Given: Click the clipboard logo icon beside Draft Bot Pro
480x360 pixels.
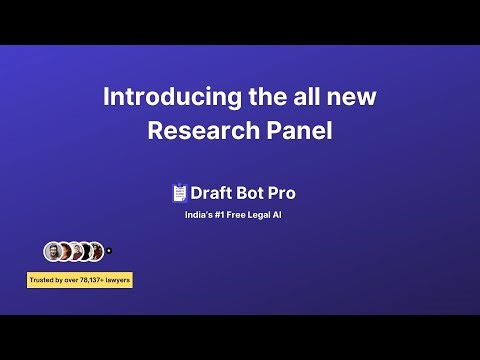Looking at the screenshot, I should coord(180,193).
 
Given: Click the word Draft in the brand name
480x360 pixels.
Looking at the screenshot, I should coord(212,193).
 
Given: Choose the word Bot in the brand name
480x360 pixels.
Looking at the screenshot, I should coord(254,193).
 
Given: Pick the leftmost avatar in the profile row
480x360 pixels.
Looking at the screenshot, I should coord(52,251).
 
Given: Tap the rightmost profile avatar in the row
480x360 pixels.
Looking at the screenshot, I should coord(96,251).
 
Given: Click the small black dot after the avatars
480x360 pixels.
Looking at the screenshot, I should coord(108,251).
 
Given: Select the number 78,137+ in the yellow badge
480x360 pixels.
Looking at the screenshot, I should coord(90,279).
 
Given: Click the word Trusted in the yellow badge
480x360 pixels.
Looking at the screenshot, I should coord(43,279).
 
